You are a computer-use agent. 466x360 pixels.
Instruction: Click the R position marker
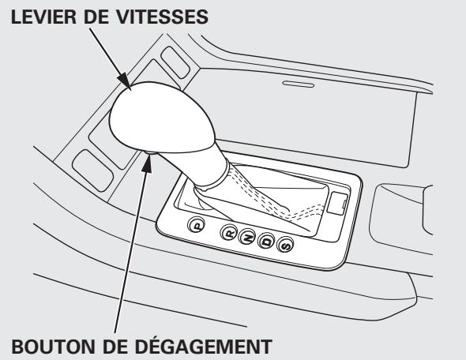[x=229, y=232]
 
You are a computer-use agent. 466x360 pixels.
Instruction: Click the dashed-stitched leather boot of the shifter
[x=253, y=189]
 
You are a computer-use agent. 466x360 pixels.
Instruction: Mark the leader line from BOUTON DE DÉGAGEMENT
[x=131, y=253]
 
